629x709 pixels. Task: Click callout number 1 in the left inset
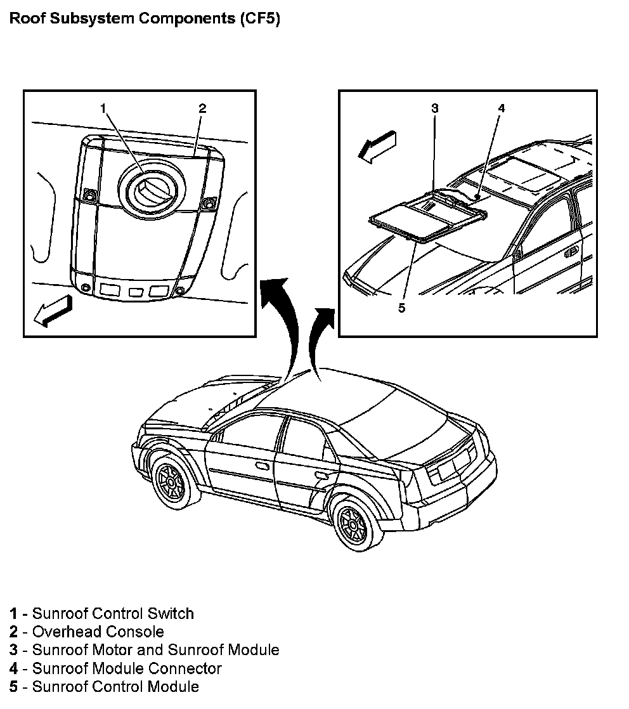click(103, 108)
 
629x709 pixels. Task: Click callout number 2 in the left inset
click(202, 108)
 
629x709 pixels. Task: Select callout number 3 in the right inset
click(435, 108)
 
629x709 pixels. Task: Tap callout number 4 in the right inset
click(501, 108)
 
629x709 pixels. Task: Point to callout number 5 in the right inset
click(401, 308)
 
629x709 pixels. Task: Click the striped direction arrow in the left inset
click(53, 310)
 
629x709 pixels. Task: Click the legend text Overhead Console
click(98, 632)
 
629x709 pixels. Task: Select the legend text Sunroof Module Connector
click(127, 668)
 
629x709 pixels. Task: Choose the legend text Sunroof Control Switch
click(113, 613)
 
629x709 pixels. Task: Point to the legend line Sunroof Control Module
click(115, 687)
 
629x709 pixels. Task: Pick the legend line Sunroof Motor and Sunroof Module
click(155, 650)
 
